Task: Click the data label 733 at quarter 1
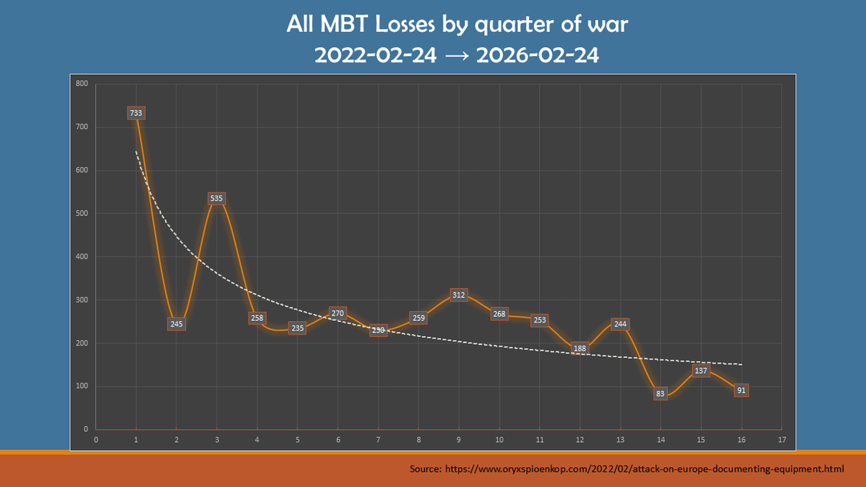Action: (136, 113)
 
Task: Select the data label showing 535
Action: (216, 198)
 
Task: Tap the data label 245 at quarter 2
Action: (176, 324)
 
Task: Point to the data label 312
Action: (459, 295)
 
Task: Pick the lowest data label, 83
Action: (660, 394)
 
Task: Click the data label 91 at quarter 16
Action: (741, 391)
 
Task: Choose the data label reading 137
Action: (701, 371)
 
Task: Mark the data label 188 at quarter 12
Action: (580, 348)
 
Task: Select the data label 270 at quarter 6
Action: (338, 313)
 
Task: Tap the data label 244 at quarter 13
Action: (620, 324)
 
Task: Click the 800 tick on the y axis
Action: (82, 83)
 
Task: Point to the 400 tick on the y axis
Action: (82, 257)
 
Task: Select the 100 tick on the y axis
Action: (82, 387)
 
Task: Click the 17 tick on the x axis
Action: (781, 439)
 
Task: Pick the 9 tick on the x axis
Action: (459, 439)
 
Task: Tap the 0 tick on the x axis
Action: (96, 439)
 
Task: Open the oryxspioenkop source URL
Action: (645, 467)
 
